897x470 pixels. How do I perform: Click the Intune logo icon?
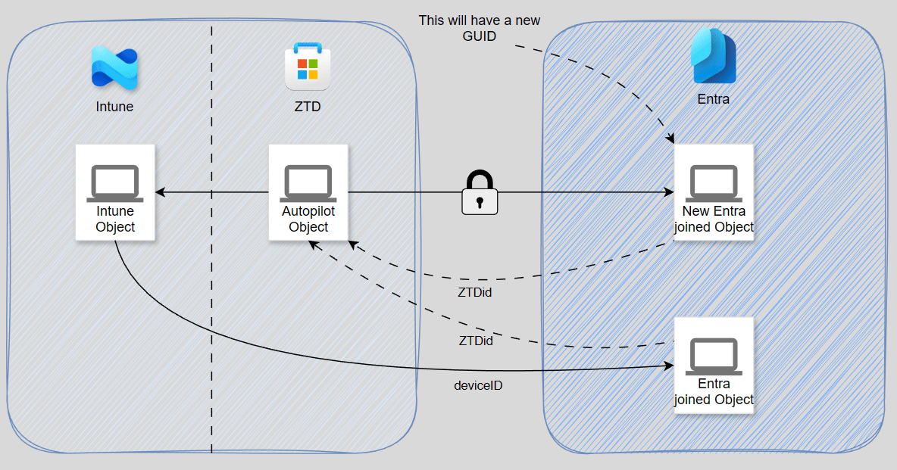(x=114, y=69)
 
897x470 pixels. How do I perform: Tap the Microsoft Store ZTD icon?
(x=308, y=67)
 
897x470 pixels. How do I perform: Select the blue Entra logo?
(x=713, y=56)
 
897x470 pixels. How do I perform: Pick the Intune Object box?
(x=115, y=193)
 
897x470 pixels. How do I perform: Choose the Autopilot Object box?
(x=308, y=193)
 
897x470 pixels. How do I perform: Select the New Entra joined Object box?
(x=714, y=193)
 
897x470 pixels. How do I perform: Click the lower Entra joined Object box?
(x=714, y=366)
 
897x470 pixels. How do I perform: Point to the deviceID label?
(x=478, y=385)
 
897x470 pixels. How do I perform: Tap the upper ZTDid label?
(x=476, y=292)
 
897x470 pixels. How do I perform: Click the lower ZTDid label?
(x=476, y=341)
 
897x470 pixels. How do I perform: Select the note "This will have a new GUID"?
(x=480, y=27)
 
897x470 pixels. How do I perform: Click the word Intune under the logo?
(x=114, y=107)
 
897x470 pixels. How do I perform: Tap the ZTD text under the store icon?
(x=308, y=107)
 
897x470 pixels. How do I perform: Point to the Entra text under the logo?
(x=714, y=99)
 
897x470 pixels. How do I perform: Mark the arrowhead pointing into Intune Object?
(x=160, y=193)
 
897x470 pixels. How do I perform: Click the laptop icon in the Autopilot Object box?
(x=308, y=182)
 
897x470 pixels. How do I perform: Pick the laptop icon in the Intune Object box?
(x=115, y=182)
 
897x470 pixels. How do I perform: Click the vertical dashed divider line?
(x=211, y=303)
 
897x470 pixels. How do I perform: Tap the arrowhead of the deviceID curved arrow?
(x=670, y=366)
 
